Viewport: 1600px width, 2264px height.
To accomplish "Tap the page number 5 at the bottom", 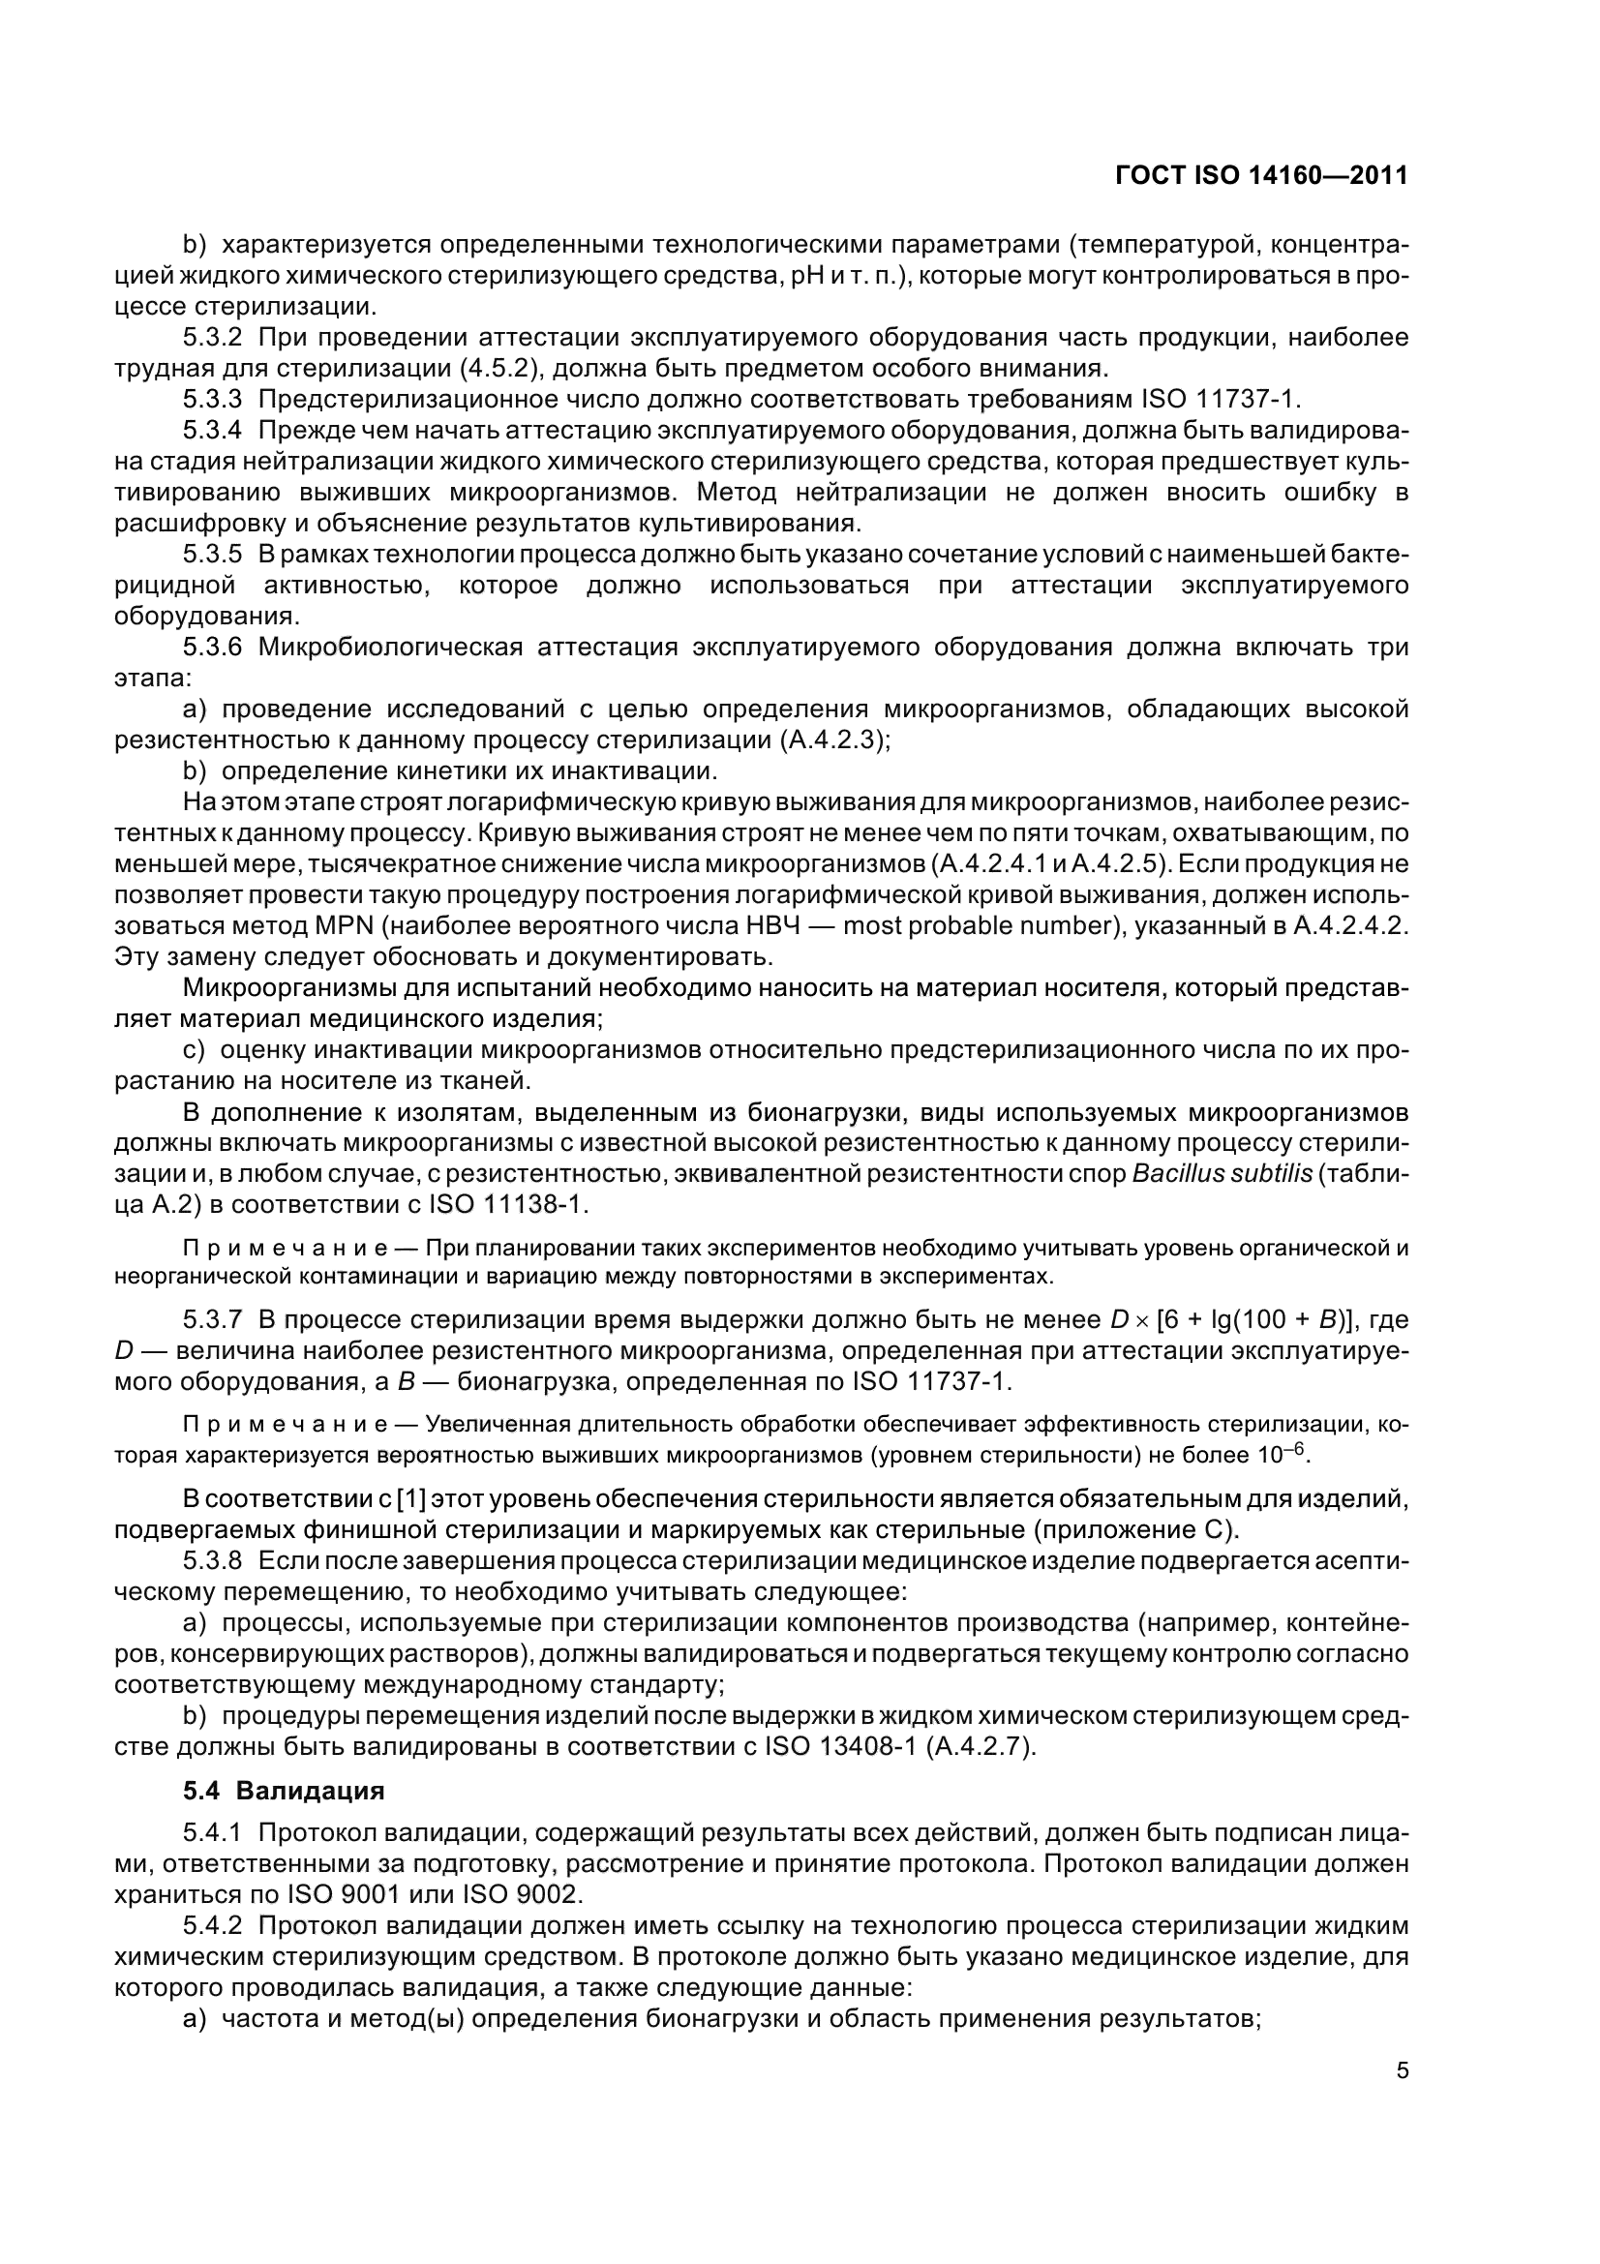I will tap(1402, 2069).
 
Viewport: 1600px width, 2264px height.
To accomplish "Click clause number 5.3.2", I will tap(212, 337).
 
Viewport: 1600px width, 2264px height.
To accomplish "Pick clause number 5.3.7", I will tap(212, 1319).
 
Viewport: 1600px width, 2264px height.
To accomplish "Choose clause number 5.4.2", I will tap(212, 1926).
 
